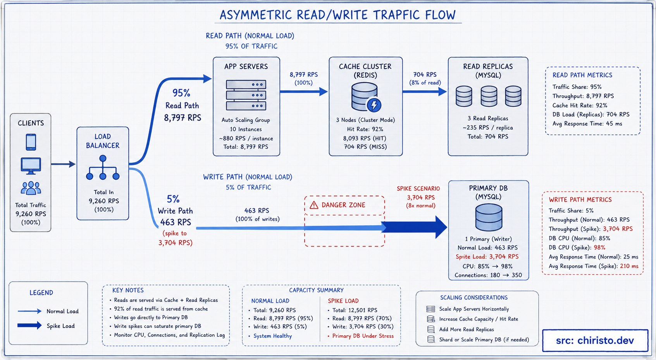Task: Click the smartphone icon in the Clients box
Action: point(31,142)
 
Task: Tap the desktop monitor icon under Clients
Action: point(31,166)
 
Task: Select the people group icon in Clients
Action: point(31,188)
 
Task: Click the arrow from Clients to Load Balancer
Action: point(63,164)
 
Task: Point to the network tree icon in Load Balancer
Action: point(103,167)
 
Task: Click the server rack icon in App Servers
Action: point(246,95)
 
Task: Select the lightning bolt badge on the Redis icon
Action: point(374,105)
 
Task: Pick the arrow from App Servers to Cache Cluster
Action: point(304,92)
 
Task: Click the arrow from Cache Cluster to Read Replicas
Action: point(425,92)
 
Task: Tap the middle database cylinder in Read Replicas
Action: point(489,96)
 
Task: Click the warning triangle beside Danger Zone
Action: point(314,205)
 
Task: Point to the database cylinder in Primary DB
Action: point(489,217)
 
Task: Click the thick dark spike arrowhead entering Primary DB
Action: point(441,227)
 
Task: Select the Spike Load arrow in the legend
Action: point(29,325)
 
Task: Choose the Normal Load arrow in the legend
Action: point(29,311)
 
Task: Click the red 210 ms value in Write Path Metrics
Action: point(629,266)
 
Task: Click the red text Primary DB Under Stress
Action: point(363,336)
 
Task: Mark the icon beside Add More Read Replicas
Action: point(431,329)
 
